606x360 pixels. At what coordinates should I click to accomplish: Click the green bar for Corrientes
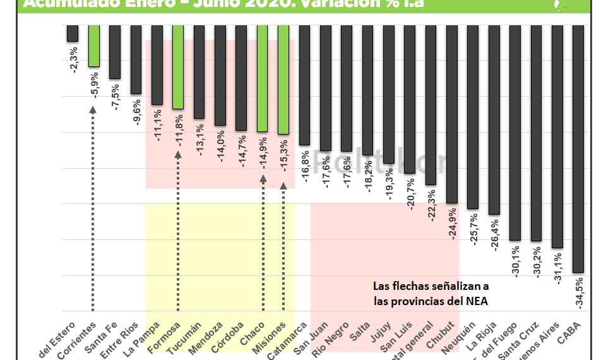[x=93, y=45]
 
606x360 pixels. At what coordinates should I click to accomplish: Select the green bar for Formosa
[x=178, y=66]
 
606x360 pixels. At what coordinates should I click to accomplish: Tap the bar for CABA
[x=578, y=148]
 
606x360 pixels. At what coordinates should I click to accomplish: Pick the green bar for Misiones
[x=283, y=79]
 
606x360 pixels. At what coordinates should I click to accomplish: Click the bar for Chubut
[x=451, y=114]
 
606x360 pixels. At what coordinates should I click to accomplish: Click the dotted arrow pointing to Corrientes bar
[x=93, y=208]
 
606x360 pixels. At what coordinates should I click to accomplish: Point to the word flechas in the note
[x=412, y=285]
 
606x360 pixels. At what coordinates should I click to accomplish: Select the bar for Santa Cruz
[x=536, y=133]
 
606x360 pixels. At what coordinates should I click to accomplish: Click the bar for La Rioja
[x=494, y=120]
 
